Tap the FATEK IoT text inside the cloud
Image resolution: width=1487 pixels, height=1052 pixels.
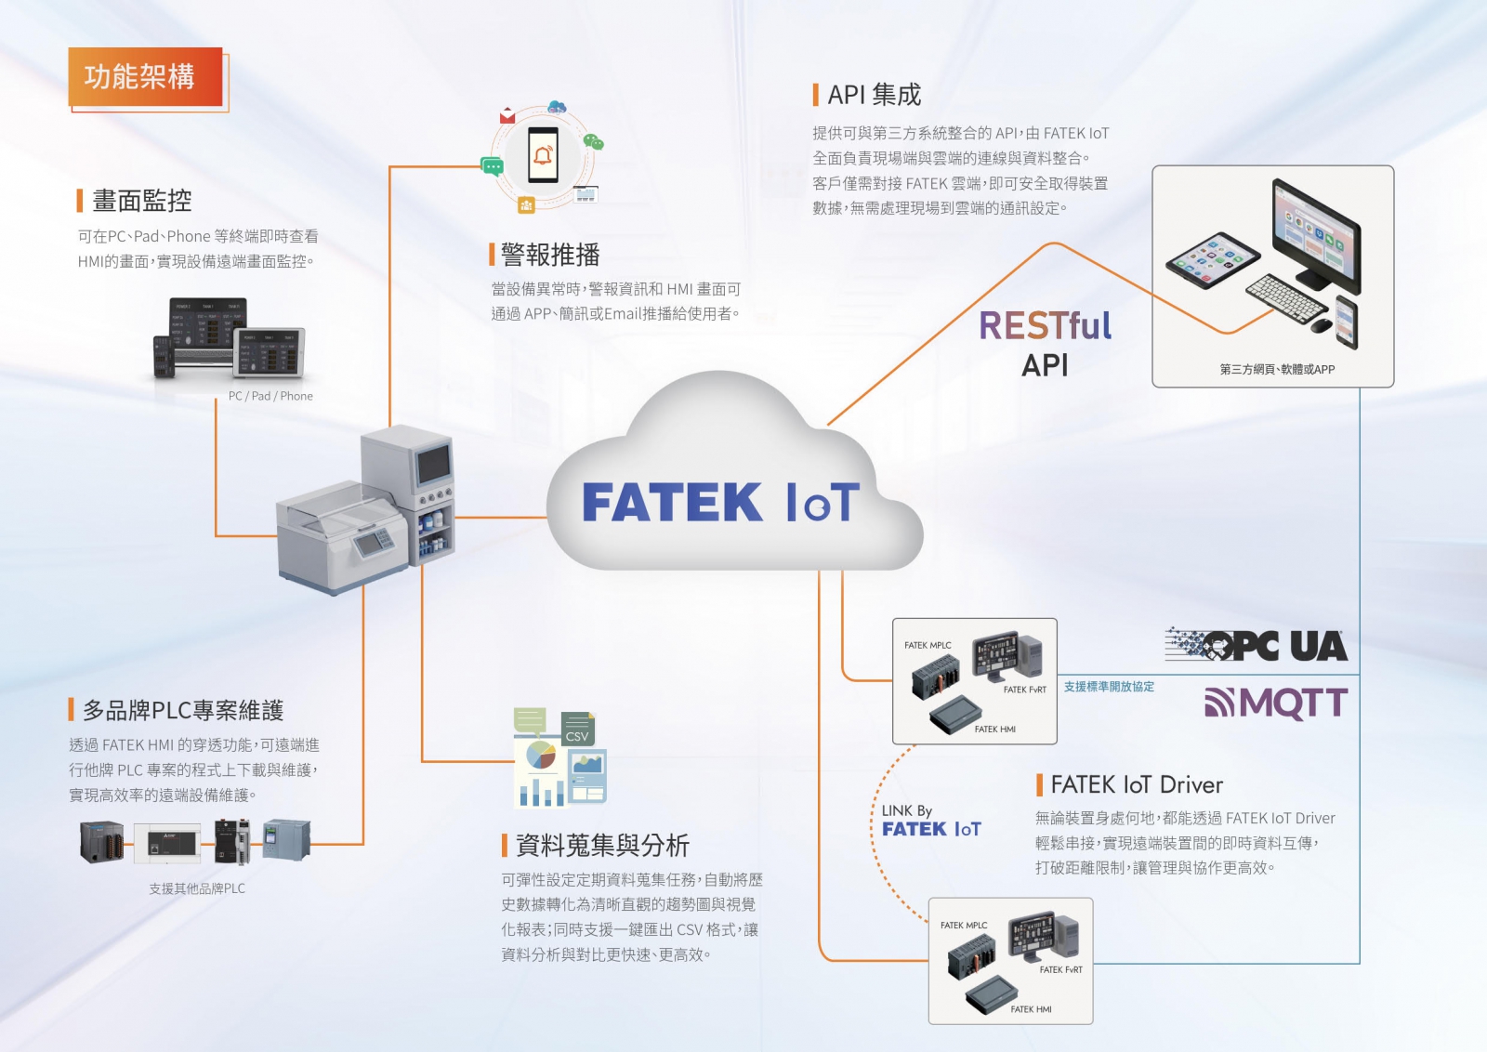tap(720, 503)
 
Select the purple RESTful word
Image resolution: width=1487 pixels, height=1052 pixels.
tap(1045, 326)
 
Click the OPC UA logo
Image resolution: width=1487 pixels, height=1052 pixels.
tap(1257, 645)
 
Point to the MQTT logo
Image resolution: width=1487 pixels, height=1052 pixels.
tap(1276, 704)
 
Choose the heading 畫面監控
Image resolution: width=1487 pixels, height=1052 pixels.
tap(141, 201)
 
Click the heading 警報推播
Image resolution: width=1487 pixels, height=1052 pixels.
tap(549, 255)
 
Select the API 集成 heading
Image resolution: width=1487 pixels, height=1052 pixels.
tap(874, 95)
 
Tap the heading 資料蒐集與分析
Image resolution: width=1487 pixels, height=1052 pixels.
tap(601, 846)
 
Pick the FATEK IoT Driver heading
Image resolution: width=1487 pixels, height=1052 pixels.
tap(1136, 785)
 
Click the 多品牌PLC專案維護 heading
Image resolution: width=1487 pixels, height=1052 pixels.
tap(182, 711)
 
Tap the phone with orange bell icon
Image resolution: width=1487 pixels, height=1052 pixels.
tap(543, 154)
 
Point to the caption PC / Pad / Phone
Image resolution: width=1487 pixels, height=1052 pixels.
tap(270, 396)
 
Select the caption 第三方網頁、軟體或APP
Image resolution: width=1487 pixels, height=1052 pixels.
tap(1276, 370)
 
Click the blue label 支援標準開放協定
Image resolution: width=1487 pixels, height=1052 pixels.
tap(1109, 687)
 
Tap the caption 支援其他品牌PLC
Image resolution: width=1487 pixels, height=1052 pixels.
tap(197, 888)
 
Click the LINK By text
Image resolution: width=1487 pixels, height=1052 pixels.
tap(906, 810)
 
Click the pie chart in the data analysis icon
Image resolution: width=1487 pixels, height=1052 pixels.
tap(541, 755)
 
